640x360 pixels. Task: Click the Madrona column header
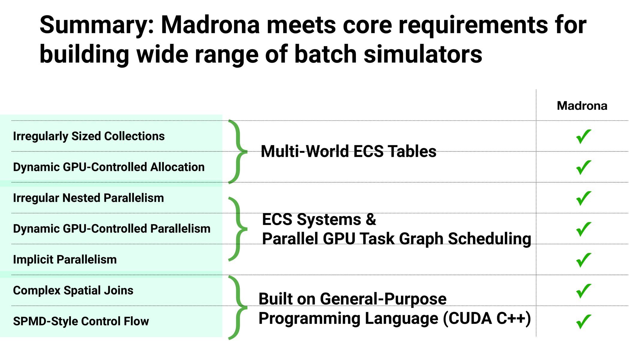(582, 106)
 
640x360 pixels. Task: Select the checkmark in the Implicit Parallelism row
(583, 260)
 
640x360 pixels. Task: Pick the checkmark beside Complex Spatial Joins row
(583, 291)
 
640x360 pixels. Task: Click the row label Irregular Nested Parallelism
(89, 198)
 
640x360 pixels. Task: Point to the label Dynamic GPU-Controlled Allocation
(109, 167)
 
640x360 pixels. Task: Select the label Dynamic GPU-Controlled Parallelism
(112, 229)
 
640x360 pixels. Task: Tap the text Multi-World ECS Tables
(348, 151)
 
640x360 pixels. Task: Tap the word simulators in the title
(423, 54)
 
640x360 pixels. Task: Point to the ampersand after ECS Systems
(371, 219)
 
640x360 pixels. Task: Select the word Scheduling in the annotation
(489, 239)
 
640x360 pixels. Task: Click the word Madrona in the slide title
(210, 25)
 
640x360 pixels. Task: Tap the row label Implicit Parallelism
(65, 259)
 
